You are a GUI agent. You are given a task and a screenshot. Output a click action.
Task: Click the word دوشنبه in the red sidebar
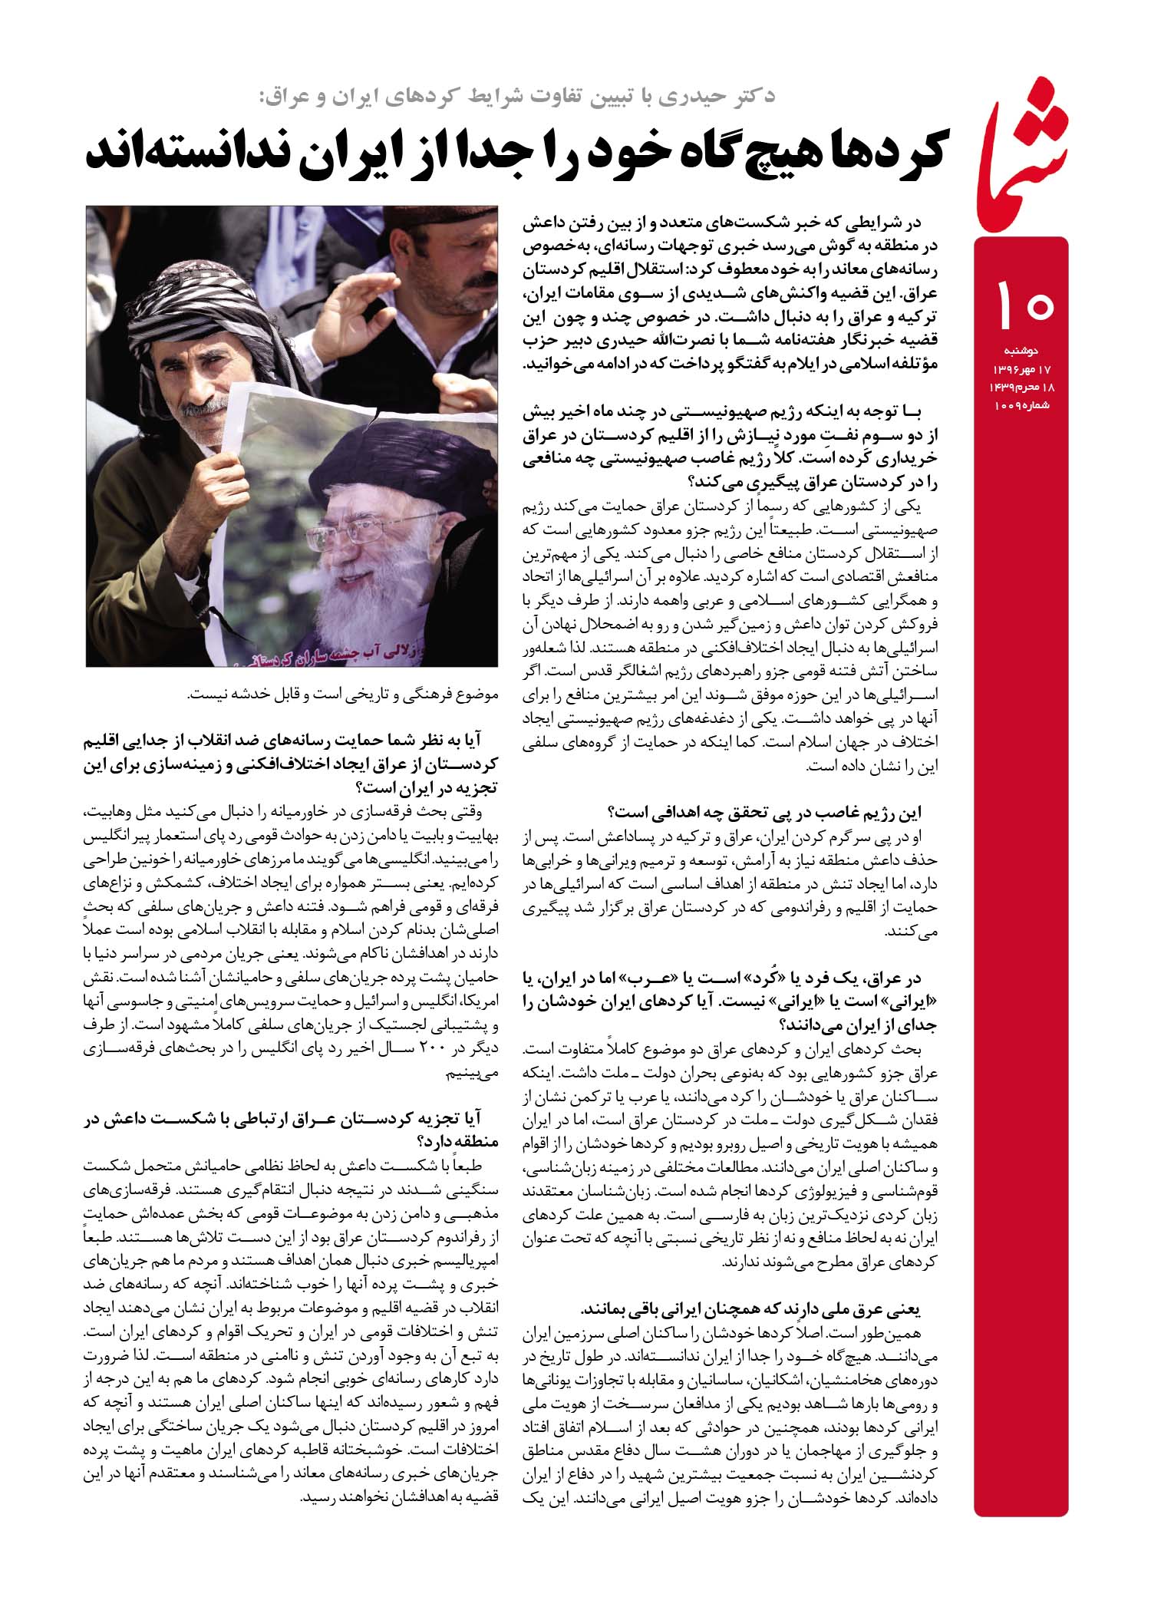[1021, 351]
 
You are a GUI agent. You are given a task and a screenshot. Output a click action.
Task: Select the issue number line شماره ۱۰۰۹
[1017, 404]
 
